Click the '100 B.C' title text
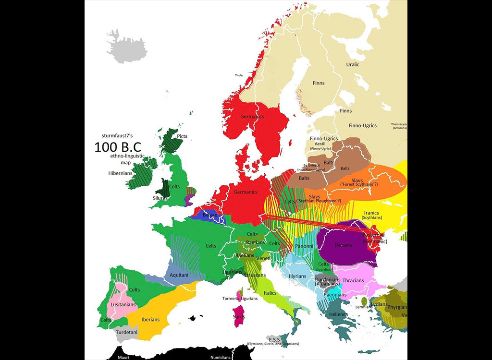click(x=118, y=147)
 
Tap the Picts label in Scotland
click(x=182, y=136)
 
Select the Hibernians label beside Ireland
click(x=120, y=173)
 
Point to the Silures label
click(x=160, y=197)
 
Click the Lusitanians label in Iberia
click(x=123, y=304)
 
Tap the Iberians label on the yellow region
click(x=150, y=319)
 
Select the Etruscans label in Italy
click(x=255, y=275)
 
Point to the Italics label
click(x=270, y=293)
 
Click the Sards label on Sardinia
click(x=239, y=317)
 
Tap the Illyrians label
click(x=297, y=276)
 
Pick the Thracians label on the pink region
click(x=353, y=280)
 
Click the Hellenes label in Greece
click(x=339, y=314)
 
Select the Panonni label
click(x=304, y=246)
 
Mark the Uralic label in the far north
click(x=353, y=64)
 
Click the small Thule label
click(x=239, y=75)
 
